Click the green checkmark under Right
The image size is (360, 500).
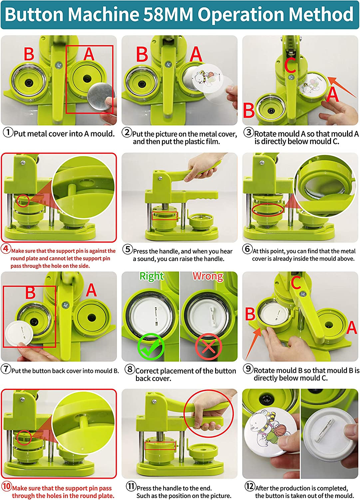tap(151, 347)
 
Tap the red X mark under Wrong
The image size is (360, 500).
tap(208, 347)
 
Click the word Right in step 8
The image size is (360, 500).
tap(152, 276)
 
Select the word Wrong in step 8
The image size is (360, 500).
tap(208, 276)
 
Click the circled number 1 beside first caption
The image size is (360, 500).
tap(8, 132)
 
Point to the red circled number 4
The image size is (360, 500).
tap(6, 249)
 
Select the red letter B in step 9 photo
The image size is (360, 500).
tap(250, 314)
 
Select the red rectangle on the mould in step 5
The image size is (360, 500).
tap(165, 216)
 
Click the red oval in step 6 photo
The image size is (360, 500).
tap(267, 210)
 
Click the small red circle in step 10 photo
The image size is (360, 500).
tap(24, 437)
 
